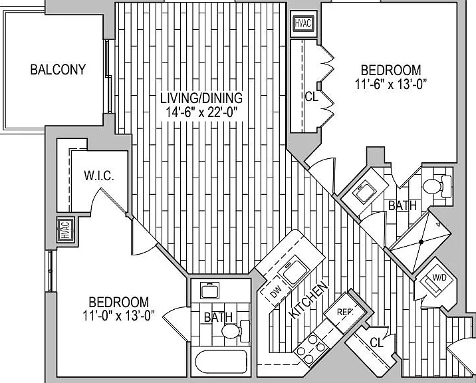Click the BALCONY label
(58, 70)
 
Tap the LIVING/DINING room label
(201, 98)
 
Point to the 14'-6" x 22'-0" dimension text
(201, 112)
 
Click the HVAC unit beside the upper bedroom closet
(304, 24)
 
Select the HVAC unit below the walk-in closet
(66, 230)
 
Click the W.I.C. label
(99, 176)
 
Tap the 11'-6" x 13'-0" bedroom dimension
(391, 84)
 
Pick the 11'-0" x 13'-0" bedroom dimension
(119, 316)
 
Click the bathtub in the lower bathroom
(221, 362)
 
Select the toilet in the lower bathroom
(235, 330)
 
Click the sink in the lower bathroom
(209, 291)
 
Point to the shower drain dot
(421, 242)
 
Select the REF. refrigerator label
(345, 312)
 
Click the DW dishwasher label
(276, 293)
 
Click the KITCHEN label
(309, 300)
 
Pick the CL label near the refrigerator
(377, 342)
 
